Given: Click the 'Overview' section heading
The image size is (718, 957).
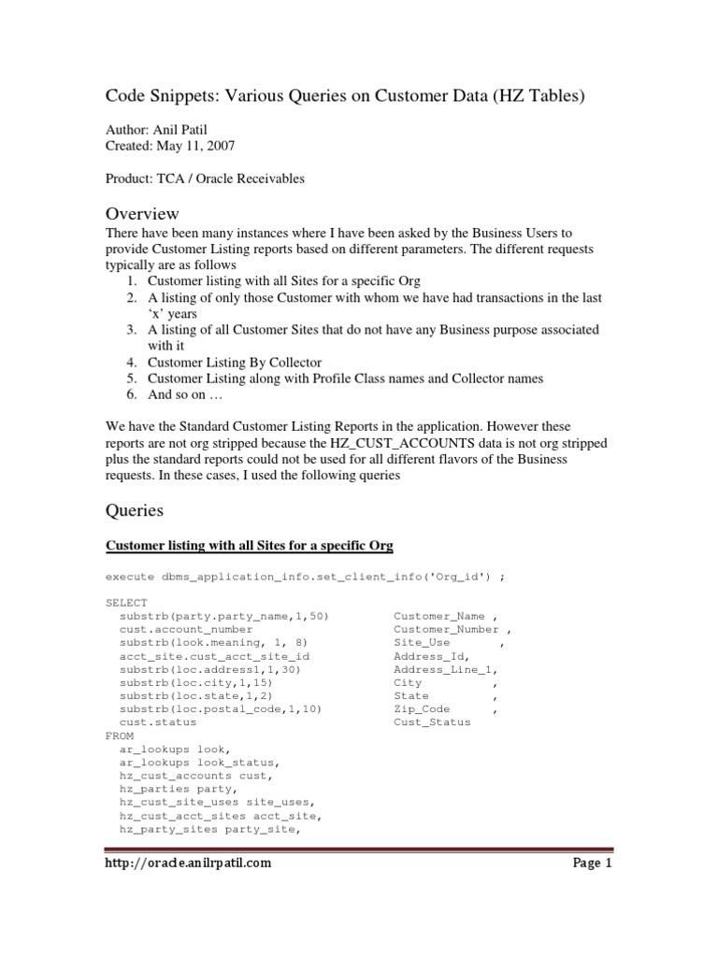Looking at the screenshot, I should [141, 214].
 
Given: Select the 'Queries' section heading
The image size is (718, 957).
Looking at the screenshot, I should [134, 510].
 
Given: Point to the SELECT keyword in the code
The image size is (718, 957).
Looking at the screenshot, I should [126, 603].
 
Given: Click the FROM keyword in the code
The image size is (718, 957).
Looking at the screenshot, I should [120, 736].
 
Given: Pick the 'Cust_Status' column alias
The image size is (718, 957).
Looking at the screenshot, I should [433, 722].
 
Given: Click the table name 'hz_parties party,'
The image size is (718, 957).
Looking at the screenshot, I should [171, 789].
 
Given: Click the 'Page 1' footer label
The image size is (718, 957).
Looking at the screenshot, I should [592, 864].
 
